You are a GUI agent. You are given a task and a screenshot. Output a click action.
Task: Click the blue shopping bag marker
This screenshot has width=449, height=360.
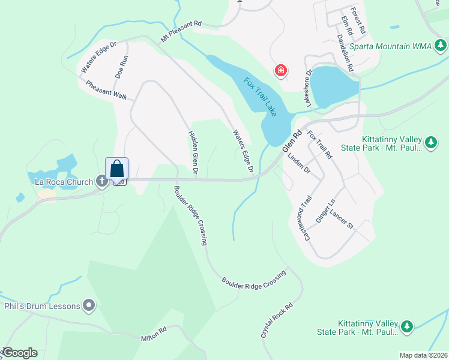point(117,168)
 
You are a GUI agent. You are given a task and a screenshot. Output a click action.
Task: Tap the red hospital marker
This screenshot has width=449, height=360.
point(280,71)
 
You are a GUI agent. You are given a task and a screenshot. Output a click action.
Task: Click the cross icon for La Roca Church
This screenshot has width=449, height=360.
point(102,180)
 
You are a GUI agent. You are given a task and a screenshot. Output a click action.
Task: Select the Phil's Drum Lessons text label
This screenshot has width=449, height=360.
point(42,306)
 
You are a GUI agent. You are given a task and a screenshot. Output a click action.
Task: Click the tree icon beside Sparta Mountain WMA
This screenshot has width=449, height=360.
point(441,46)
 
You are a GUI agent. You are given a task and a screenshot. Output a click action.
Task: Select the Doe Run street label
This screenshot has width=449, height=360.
point(122,67)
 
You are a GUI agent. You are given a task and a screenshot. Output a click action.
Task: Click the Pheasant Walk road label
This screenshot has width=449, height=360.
point(106,91)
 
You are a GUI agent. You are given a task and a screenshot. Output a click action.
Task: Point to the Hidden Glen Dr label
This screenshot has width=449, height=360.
point(193,153)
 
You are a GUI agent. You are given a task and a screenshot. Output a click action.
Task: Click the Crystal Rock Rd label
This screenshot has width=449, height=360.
point(277,320)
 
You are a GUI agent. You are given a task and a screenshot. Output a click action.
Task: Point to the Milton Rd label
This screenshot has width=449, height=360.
point(154,334)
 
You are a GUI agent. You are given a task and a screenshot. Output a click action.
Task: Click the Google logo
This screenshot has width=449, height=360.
point(20,353)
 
